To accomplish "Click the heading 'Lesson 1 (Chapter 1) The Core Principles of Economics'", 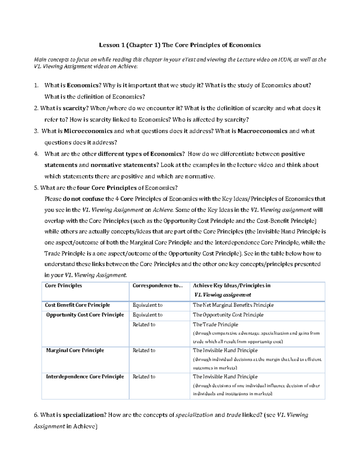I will (x=180, y=45).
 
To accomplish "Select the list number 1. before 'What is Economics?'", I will (x=36, y=86).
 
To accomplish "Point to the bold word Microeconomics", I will (x=88, y=131).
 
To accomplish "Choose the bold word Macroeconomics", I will (x=262, y=131).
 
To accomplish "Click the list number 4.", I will (x=36, y=154).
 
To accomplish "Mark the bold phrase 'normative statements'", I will (x=124, y=165).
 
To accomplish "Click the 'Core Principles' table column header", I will (x=63, y=286).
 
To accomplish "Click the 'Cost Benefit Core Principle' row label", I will (x=77, y=305).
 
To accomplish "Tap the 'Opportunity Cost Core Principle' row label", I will (x=85, y=315).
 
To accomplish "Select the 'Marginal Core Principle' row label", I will (x=75, y=350).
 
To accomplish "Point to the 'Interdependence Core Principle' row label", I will (x=85, y=377).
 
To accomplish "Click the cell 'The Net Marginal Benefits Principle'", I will (x=233, y=305).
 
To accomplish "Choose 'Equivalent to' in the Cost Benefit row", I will (x=147, y=305).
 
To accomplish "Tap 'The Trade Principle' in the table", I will (x=215, y=325).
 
